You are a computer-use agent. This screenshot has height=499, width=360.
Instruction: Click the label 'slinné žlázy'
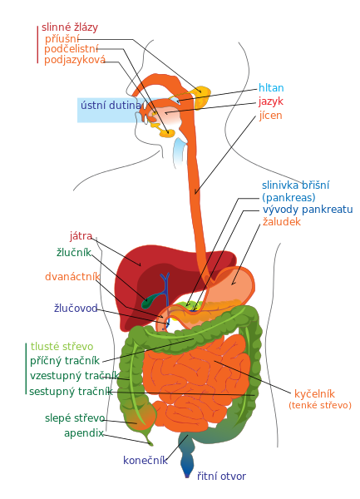click(x=70, y=27)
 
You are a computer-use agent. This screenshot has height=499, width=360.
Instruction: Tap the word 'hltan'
click(x=271, y=87)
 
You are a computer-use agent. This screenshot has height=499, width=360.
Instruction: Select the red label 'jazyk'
click(x=271, y=101)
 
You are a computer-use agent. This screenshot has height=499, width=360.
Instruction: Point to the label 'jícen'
click(x=271, y=116)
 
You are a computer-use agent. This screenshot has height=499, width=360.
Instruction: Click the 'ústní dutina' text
click(x=111, y=105)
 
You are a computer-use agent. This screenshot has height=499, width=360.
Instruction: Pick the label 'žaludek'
click(x=282, y=221)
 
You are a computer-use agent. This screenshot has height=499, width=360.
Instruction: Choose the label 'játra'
click(x=81, y=236)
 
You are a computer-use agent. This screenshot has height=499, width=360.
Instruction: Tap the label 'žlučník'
click(x=74, y=252)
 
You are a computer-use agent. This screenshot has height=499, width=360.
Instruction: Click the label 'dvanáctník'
click(x=72, y=277)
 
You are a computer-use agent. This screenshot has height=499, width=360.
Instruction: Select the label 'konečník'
click(x=145, y=460)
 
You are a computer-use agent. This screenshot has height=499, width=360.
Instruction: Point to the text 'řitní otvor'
click(x=221, y=476)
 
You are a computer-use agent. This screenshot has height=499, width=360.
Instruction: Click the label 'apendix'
click(x=84, y=433)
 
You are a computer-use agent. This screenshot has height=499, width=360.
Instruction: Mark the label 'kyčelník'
click(x=314, y=393)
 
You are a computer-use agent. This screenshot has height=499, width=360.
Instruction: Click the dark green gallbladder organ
click(x=150, y=300)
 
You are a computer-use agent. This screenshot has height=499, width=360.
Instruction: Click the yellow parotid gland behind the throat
click(x=202, y=96)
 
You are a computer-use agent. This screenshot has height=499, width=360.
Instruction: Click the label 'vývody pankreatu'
click(x=308, y=210)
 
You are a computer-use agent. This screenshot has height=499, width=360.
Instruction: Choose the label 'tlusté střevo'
click(x=62, y=346)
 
